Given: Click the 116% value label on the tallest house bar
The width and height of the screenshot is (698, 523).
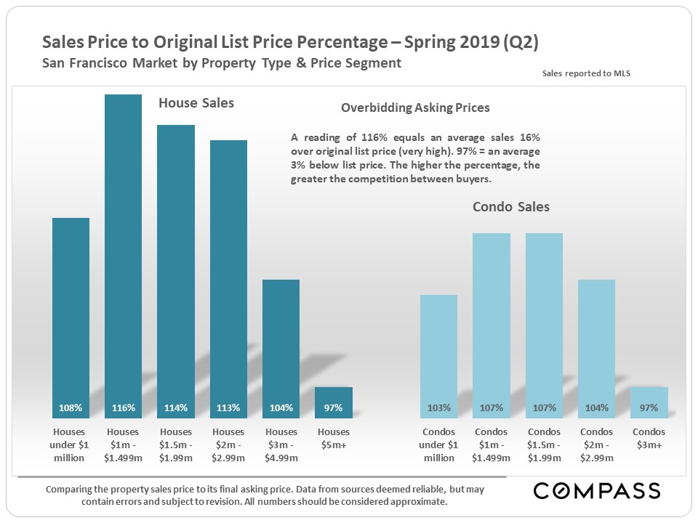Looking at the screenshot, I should click(x=123, y=408).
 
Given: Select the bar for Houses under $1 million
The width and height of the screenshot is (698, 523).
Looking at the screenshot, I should click(x=71, y=312).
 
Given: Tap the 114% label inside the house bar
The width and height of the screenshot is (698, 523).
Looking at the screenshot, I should click(x=175, y=408).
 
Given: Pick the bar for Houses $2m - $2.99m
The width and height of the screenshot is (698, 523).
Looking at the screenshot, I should click(x=228, y=276).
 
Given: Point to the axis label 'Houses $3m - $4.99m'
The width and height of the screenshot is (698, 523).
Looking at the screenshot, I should click(x=281, y=445).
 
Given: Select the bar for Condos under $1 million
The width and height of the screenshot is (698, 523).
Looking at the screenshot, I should click(x=438, y=349).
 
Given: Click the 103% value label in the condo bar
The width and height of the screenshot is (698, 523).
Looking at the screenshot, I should click(x=438, y=408).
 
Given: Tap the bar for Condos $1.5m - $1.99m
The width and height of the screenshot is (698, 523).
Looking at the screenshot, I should click(x=544, y=320).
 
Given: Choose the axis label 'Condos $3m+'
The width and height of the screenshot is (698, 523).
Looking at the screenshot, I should click(x=649, y=438).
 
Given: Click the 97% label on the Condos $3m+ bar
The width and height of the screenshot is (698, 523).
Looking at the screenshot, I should click(x=649, y=408).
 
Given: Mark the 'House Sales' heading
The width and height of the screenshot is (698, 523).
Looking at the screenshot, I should click(x=196, y=103).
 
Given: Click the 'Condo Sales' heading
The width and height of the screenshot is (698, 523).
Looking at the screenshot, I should click(x=510, y=207).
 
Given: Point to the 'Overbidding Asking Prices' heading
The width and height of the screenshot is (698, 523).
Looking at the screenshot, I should click(x=415, y=108).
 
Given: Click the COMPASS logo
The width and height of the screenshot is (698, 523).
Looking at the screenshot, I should click(x=597, y=491).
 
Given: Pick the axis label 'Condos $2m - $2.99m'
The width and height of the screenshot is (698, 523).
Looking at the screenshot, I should click(x=596, y=445).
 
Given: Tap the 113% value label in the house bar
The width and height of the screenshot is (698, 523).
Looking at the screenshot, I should click(x=228, y=408).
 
